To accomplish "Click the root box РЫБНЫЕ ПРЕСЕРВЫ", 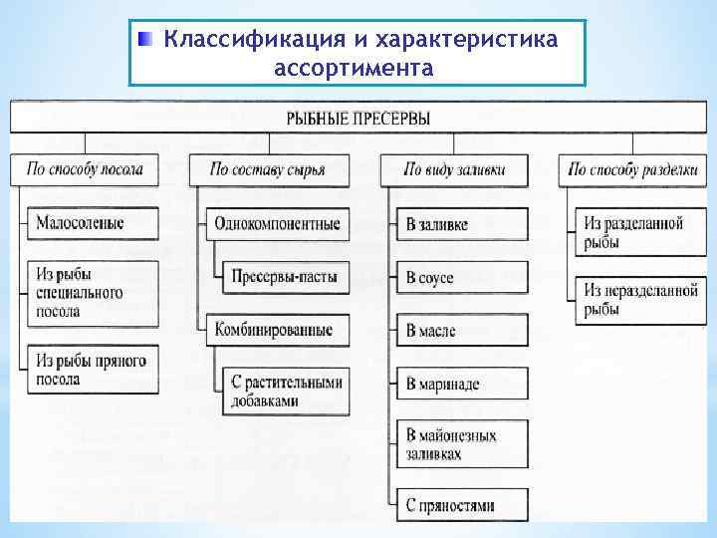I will pos(358,118).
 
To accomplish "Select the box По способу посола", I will pos(86,169).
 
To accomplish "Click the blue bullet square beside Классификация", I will pos(146,39).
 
